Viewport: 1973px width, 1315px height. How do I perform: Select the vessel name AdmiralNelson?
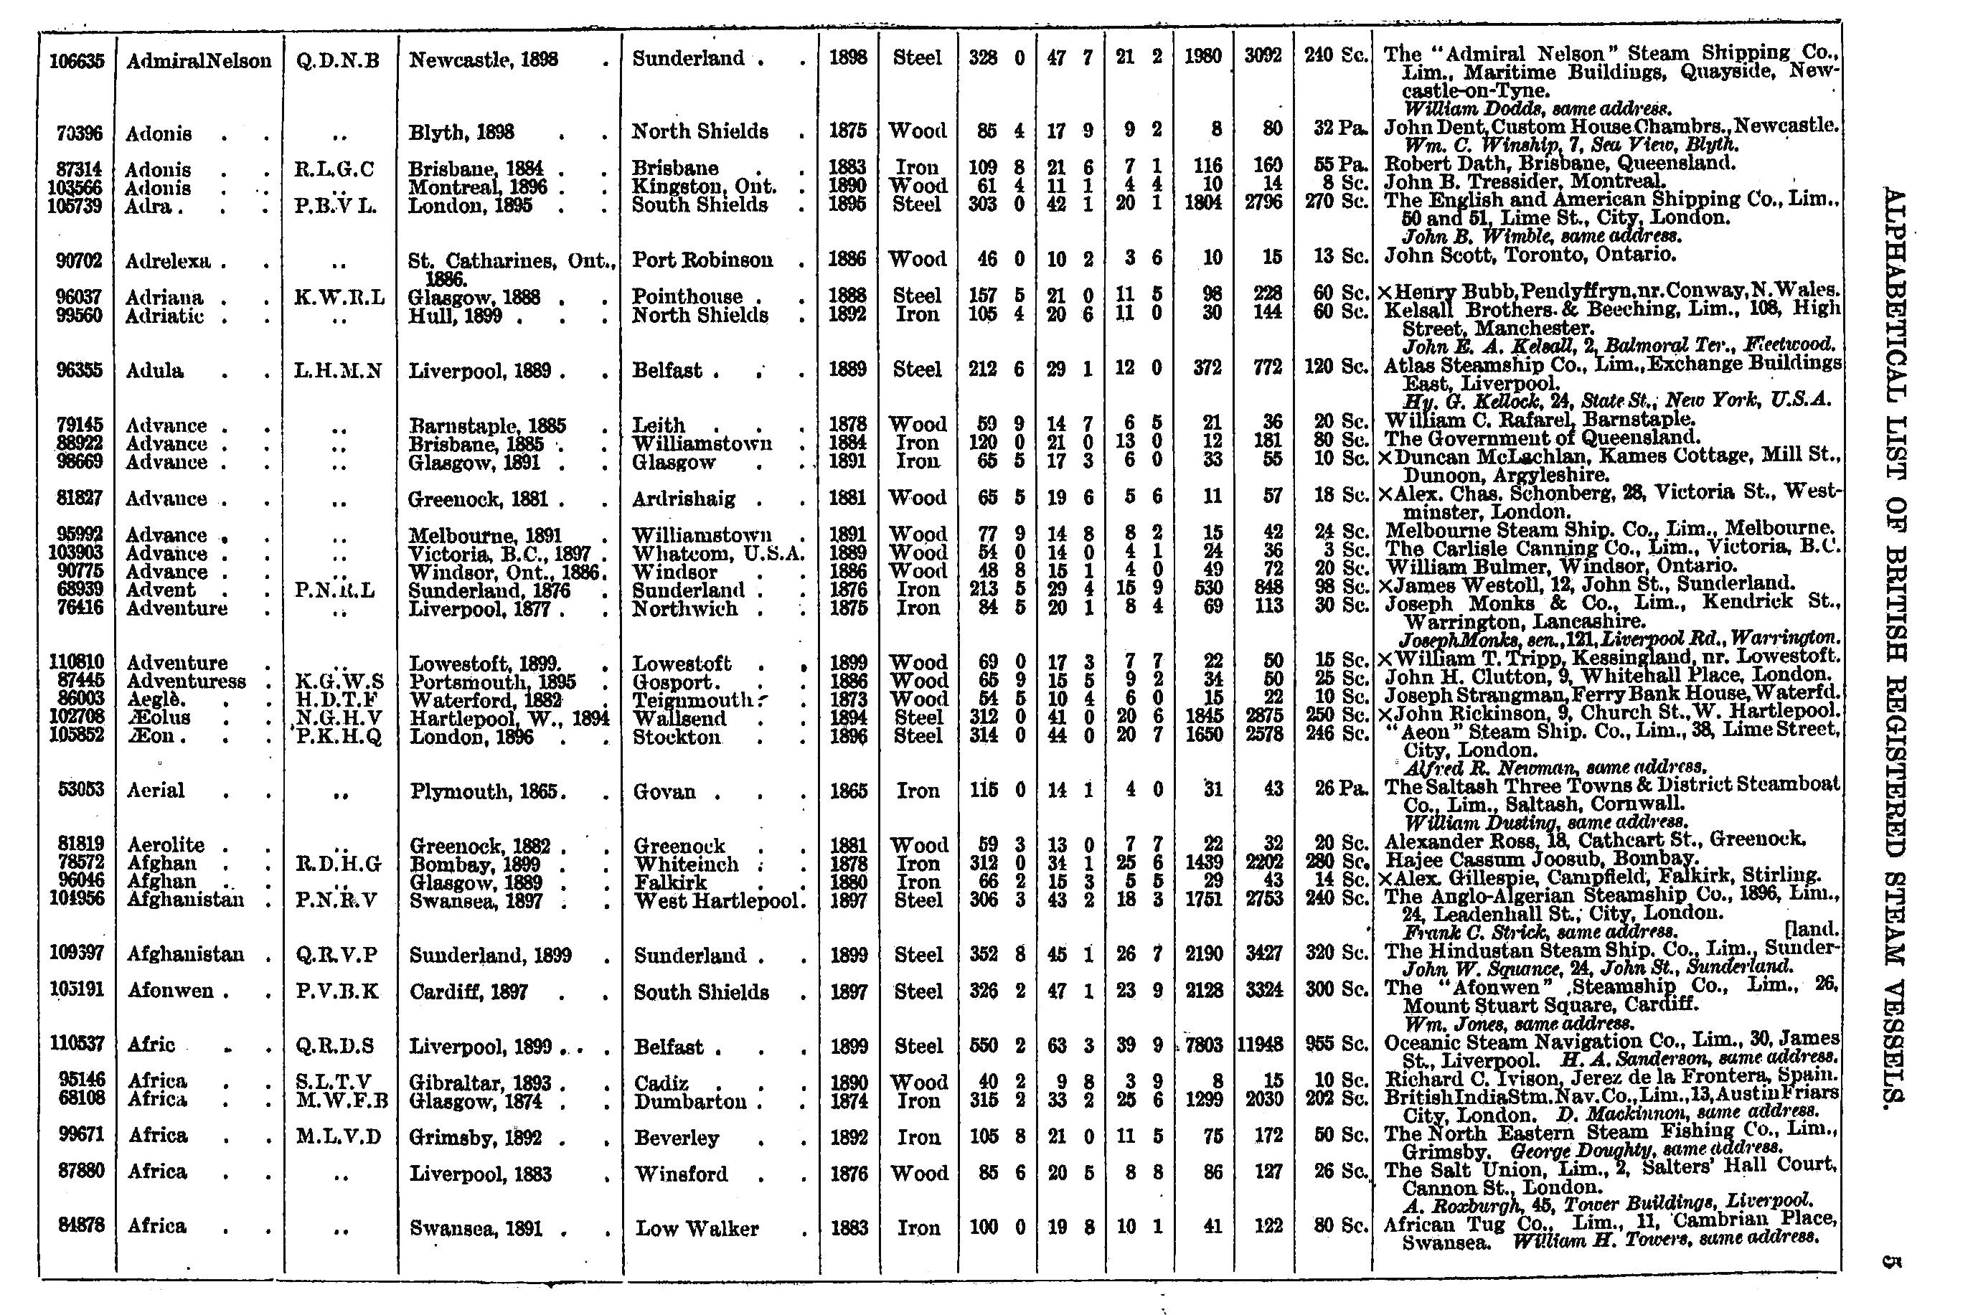[x=199, y=60]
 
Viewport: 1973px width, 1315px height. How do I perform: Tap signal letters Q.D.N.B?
[x=338, y=60]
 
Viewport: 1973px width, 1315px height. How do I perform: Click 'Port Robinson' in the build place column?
[x=702, y=260]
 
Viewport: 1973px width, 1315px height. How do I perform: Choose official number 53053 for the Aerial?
[x=80, y=790]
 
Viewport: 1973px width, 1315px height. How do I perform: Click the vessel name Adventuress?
[x=186, y=681]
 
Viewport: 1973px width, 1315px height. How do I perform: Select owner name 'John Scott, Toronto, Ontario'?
[x=1530, y=254]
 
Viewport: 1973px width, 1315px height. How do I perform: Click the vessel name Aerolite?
[x=165, y=844]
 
